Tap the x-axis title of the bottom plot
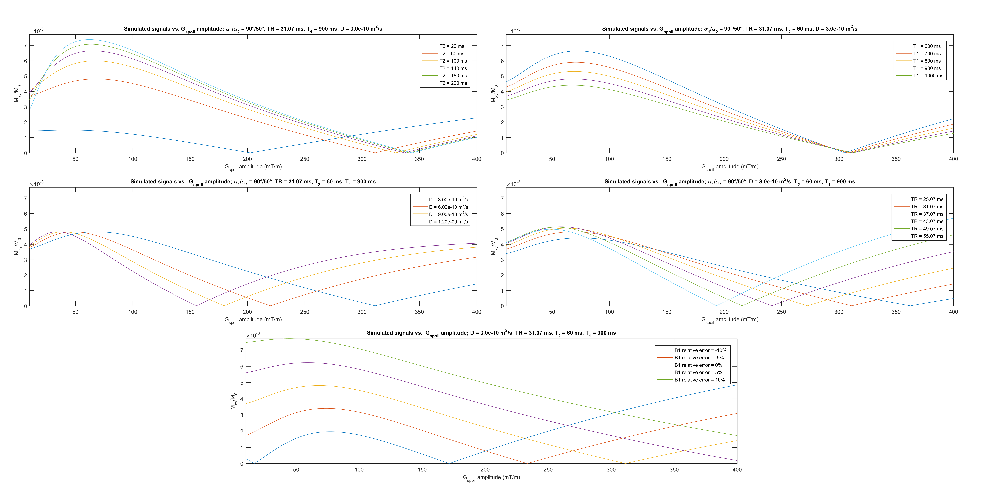coord(491,477)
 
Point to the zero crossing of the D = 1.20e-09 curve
coord(196,306)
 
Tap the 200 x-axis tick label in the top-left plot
coord(247,159)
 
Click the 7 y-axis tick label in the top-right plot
coord(502,45)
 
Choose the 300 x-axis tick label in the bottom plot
coord(611,470)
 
